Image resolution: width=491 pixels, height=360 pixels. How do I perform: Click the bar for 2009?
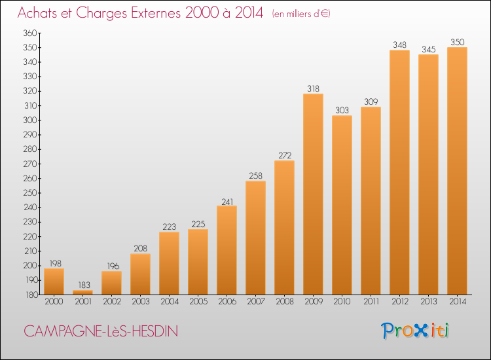[313, 194]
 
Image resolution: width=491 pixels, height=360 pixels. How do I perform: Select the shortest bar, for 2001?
[82, 293]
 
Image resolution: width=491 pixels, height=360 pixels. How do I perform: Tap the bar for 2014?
[457, 171]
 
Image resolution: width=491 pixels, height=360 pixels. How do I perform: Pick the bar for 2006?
[227, 250]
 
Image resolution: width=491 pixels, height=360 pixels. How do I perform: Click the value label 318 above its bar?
[313, 88]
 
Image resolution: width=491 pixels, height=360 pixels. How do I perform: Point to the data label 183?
[84, 285]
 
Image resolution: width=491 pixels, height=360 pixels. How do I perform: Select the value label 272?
[285, 155]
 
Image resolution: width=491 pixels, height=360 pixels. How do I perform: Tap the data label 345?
[428, 50]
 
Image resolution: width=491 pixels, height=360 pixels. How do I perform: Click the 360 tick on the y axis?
[30, 33]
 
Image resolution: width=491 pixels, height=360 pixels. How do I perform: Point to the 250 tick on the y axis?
[30, 193]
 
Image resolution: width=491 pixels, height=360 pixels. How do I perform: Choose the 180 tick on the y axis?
[31, 295]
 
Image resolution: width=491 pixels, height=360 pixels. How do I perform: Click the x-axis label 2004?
[170, 302]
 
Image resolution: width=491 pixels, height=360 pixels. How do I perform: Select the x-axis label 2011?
[371, 302]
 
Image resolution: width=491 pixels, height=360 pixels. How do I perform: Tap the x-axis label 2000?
[54, 302]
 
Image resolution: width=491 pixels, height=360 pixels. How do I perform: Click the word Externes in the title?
[156, 12]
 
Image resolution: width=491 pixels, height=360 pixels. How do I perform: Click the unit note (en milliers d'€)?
[301, 14]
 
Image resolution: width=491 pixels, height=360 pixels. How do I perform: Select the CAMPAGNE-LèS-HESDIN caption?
[101, 331]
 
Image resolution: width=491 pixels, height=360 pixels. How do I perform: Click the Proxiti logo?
[414, 331]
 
